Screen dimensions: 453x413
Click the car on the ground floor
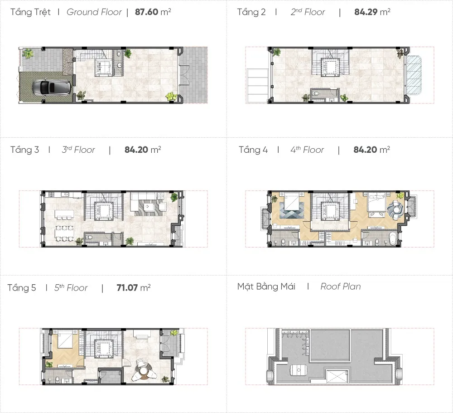point(51,87)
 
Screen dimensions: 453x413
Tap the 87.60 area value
point(146,12)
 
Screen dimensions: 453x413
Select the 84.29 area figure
point(366,12)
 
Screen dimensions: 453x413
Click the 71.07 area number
point(127,288)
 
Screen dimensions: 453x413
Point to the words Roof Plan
point(341,287)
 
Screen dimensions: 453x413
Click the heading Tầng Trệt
point(30,12)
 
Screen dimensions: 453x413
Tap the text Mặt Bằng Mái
point(266,287)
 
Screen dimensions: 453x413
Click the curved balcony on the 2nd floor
point(414,75)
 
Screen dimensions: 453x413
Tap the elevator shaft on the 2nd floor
point(331,67)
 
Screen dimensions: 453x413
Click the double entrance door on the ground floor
point(184,75)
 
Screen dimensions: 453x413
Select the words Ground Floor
point(94,12)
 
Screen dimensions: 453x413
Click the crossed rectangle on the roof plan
point(336,376)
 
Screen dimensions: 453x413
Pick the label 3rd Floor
point(78,150)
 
